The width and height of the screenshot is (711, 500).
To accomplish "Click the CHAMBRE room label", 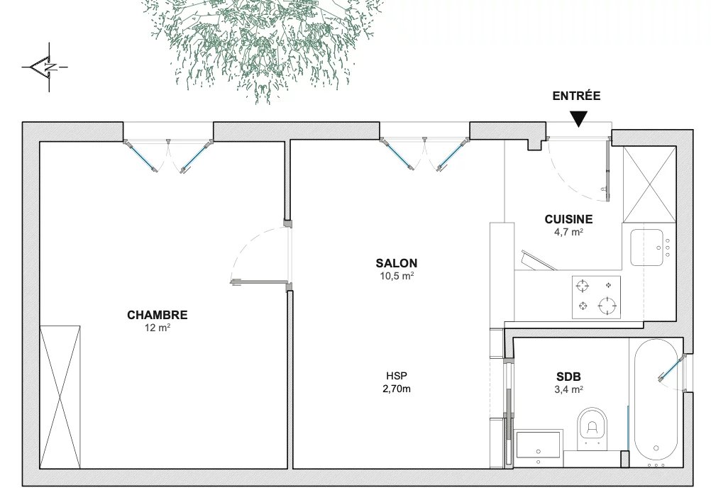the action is (x=157, y=315).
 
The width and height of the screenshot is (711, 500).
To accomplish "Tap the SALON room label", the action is (x=397, y=263).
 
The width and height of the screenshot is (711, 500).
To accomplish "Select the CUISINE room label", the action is (x=568, y=219).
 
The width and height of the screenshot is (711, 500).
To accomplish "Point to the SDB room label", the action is (x=568, y=377).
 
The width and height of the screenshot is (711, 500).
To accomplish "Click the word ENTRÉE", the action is (x=576, y=96).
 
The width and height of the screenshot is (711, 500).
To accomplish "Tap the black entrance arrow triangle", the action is (x=578, y=119).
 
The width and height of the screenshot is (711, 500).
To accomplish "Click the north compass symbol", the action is (x=45, y=67).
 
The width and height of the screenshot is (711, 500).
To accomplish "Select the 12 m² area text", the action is (x=157, y=327).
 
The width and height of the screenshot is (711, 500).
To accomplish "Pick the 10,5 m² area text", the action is (x=397, y=276).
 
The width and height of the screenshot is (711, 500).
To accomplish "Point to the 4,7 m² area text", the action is (x=568, y=232).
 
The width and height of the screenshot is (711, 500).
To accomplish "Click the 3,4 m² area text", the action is (x=568, y=389).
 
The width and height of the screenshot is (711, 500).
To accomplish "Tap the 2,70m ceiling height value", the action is (x=397, y=389).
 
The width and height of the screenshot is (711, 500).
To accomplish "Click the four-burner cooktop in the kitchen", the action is (x=596, y=297).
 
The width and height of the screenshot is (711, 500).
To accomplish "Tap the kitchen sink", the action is (x=647, y=247).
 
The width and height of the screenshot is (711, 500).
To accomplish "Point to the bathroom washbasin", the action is (x=539, y=447).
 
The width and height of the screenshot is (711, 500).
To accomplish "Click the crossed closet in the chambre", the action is (x=60, y=396).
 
